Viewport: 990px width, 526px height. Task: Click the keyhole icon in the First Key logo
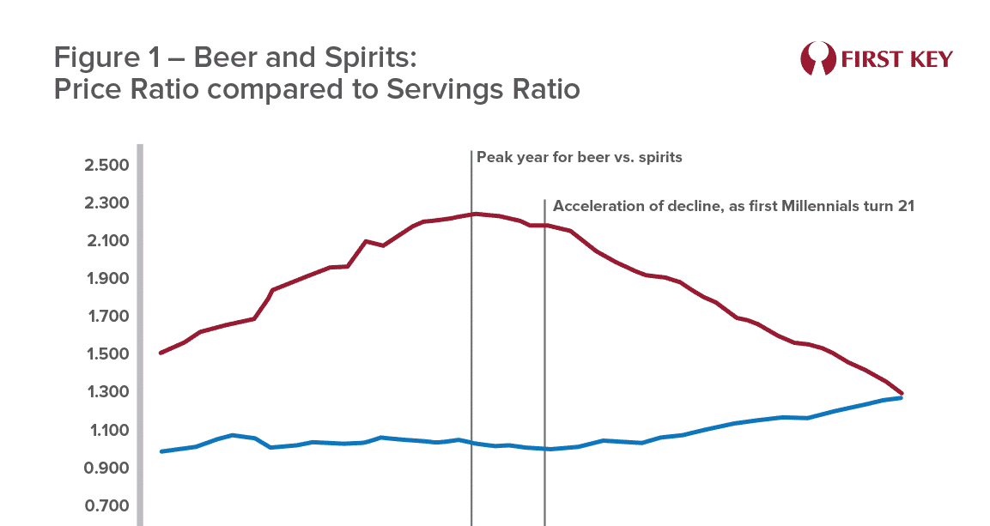pos(817,58)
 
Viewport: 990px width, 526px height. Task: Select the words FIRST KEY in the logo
pos(896,59)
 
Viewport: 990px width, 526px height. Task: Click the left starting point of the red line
pos(161,353)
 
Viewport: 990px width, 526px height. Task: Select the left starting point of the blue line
pos(161,451)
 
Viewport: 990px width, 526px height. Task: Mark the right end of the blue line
pos(901,398)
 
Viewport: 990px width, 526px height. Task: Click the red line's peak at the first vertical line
pos(471,214)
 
